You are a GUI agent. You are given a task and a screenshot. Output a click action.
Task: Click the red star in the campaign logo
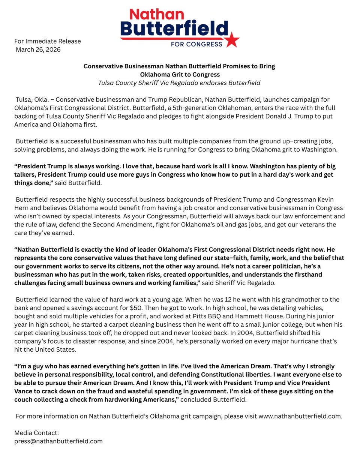click(232, 39)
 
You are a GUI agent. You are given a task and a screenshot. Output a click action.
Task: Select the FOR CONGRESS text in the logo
click(196, 44)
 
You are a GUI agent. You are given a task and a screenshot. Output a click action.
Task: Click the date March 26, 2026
click(38, 49)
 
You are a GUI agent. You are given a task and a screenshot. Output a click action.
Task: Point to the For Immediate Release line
click(48, 41)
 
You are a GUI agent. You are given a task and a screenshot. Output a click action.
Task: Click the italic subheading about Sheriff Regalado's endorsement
click(179, 83)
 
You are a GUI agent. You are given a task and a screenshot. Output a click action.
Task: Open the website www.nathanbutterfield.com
click(300, 417)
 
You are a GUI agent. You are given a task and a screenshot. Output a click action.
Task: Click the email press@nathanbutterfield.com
click(58, 441)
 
